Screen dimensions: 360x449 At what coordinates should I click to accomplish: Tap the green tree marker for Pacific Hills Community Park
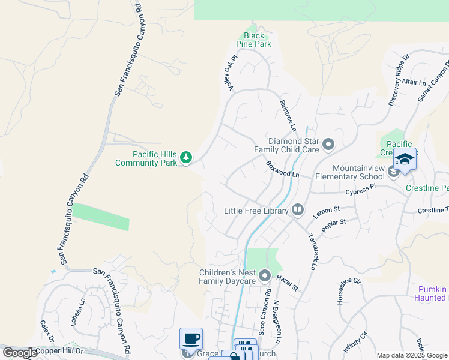tap(187, 158)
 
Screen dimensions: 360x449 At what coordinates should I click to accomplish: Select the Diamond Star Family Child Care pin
tap(328, 145)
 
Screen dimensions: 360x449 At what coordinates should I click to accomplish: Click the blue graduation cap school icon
tap(405, 159)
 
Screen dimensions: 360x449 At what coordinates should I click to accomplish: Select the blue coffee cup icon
tap(191, 338)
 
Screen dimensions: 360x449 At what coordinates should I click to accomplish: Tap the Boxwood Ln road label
tap(283, 169)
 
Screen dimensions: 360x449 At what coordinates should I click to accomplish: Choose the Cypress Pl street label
tap(360, 190)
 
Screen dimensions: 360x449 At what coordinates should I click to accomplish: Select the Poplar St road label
tap(334, 226)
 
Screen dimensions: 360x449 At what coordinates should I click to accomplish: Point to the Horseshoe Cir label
tap(348, 291)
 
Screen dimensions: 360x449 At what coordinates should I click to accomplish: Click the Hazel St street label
tap(288, 283)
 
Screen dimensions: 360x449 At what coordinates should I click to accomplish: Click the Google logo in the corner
tap(19, 353)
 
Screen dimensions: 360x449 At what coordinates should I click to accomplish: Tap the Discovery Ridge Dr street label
tap(399, 80)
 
